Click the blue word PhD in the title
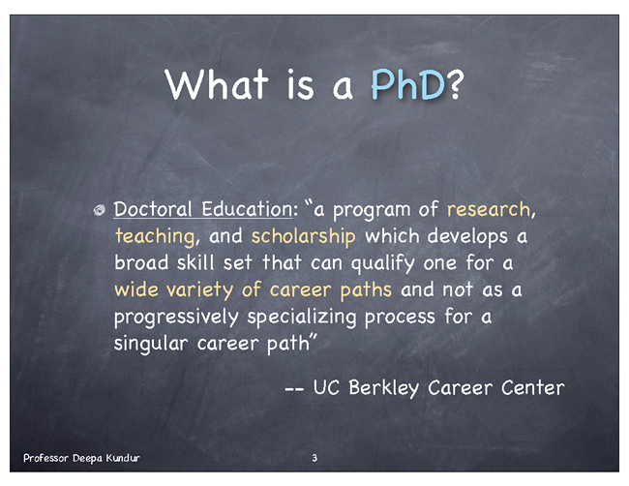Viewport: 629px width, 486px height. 407,84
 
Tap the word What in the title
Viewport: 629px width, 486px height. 217,84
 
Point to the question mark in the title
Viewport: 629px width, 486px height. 456,84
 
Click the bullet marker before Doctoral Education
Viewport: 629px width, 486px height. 99,210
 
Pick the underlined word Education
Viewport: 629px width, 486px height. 247,209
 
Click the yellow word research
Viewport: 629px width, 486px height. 488,209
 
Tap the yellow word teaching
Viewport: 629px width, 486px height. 155,237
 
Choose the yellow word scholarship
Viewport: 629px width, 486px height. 303,236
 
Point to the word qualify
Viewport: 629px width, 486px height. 382,263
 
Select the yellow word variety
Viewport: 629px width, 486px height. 199,290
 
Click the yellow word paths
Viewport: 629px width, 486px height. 366,290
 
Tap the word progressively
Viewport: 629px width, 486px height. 176,317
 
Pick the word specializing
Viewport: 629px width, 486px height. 302,317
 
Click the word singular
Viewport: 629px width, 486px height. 151,344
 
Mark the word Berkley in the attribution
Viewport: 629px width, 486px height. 384,388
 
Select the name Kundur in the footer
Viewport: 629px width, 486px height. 123,458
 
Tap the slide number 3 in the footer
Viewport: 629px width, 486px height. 314,458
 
